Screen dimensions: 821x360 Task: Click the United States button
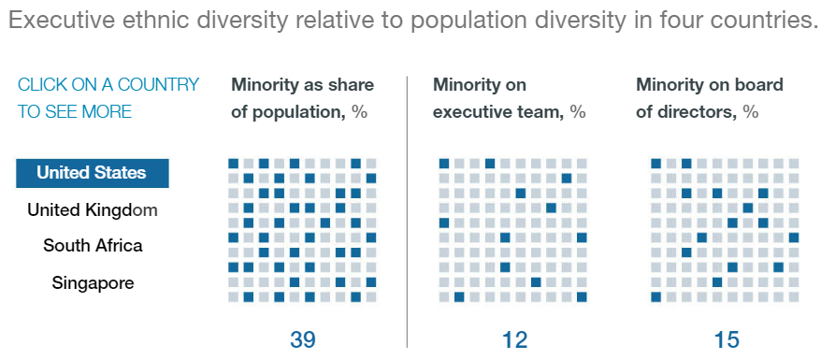(x=93, y=173)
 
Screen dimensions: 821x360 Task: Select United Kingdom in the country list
(x=93, y=210)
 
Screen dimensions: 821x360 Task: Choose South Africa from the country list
(x=93, y=245)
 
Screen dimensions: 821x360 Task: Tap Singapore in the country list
(x=93, y=283)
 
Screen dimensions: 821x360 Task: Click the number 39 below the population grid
(x=303, y=340)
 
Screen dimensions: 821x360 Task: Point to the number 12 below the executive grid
(x=514, y=340)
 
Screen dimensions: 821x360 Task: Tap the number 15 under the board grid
(x=726, y=340)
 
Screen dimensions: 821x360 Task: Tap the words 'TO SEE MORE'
(x=75, y=112)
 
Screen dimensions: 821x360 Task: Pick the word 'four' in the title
(x=655, y=21)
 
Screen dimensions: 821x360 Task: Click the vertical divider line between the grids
(x=407, y=212)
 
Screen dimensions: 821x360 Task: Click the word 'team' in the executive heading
(x=540, y=113)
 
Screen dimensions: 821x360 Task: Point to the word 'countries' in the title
(x=750, y=21)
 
